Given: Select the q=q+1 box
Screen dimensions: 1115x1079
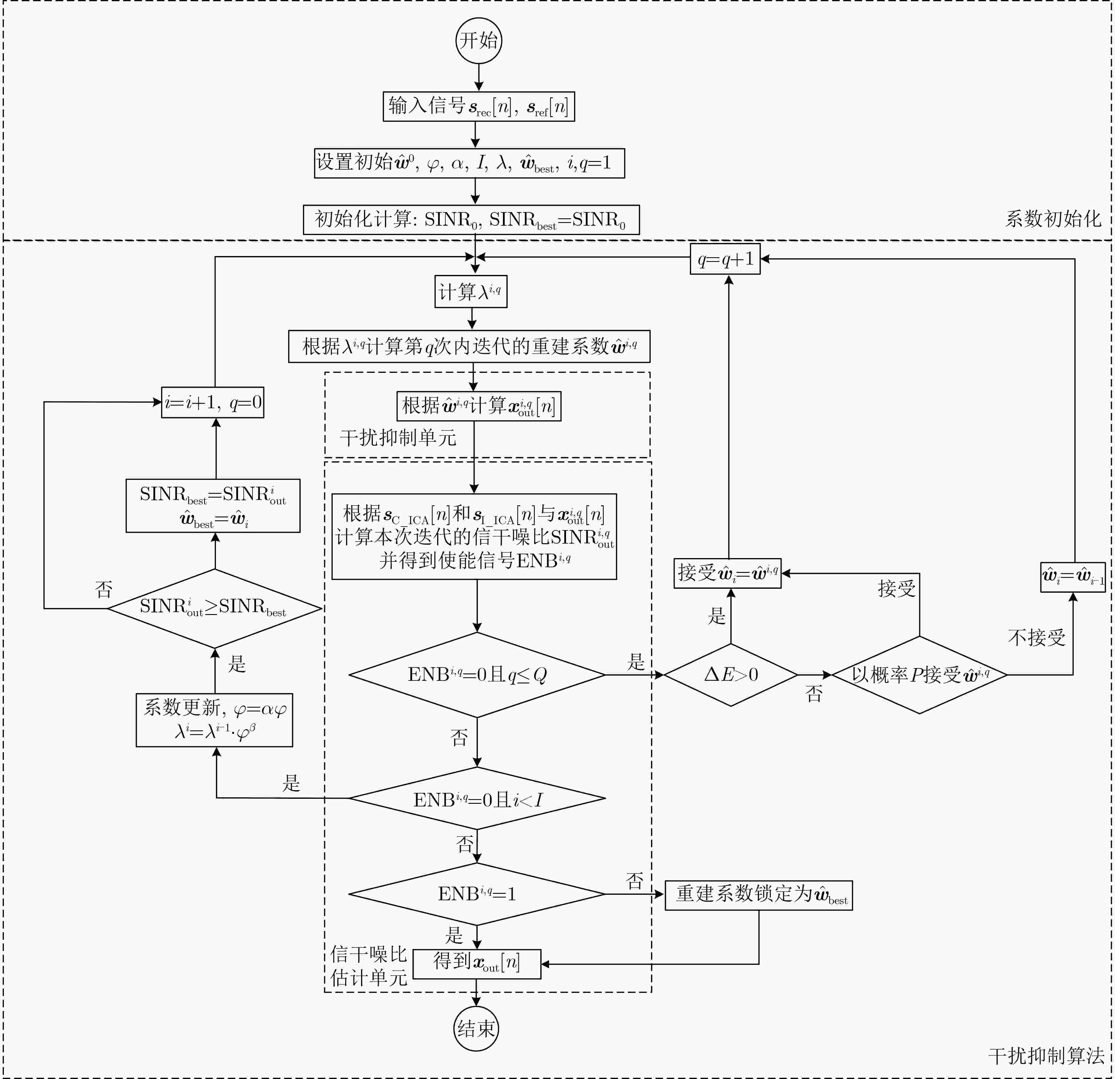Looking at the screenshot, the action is point(725,259).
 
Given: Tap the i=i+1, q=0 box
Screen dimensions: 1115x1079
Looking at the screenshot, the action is point(213,402).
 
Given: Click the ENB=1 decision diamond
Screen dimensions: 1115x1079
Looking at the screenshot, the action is point(477,894).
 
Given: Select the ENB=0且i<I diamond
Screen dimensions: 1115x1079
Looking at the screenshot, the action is point(477,798).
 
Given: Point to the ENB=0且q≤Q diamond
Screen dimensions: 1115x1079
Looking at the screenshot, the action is point(477,675).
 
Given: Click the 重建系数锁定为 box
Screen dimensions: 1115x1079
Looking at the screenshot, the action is point(759,895).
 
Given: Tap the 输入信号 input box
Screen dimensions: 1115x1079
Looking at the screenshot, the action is point(479,106).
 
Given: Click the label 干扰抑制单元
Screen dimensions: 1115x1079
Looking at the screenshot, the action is point(398,437).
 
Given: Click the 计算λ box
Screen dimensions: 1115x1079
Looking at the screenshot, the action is point(471,292).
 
